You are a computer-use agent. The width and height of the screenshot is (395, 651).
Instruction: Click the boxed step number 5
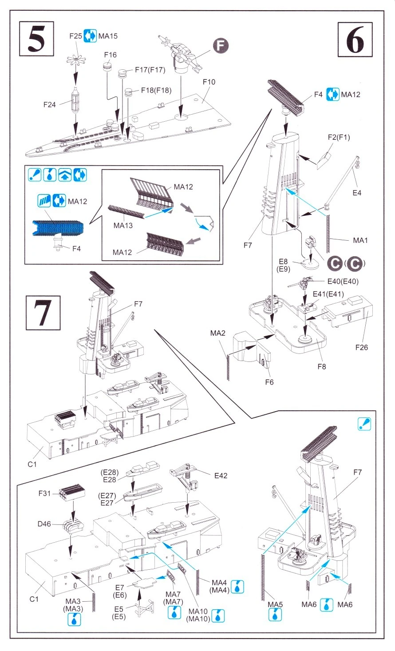tap(36, 39)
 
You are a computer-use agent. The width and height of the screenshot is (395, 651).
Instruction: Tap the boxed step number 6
tap(355, 40)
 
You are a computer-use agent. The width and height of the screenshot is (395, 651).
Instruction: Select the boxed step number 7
tap(43, 313)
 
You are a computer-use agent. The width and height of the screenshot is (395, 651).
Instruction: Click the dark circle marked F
tap(221, 46)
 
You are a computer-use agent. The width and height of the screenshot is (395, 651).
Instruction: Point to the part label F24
tap(49, 105)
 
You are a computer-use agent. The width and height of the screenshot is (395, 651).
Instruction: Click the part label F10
tap(209, 82)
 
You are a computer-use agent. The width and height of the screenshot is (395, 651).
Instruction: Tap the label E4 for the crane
tap(357, 193)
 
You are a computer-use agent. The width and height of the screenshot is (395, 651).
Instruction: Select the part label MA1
tap(360, 240)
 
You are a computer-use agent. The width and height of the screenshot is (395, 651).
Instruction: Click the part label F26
tap(361, 347)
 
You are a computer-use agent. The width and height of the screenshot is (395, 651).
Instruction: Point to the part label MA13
tap(123, 225)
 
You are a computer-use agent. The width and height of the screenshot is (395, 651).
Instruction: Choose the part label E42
tap(221, 476)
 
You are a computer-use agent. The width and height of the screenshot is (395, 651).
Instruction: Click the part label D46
tap(44, 524)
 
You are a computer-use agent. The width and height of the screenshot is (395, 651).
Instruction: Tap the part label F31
tap(44, 493)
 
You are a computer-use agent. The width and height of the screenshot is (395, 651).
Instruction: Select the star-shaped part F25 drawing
tap(76, 61)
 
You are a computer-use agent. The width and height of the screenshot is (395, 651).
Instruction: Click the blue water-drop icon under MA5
tap(275, 615)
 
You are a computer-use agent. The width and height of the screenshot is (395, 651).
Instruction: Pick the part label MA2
tap(217, 333)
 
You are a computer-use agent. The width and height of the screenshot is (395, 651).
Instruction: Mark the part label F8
tap(321, 366)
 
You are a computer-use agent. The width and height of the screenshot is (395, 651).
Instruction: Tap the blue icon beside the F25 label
tap(90, 36)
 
